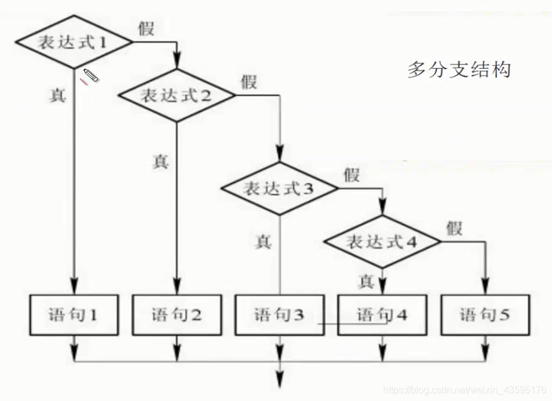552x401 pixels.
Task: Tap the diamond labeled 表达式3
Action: tap(279, 188)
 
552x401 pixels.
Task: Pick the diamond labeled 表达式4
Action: tap(382, 242)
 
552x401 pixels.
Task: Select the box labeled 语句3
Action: tap(279, 314)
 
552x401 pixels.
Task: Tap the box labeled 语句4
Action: tap(382, 314)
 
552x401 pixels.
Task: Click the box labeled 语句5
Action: tap(485, 314)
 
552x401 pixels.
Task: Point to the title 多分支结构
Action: tap(459, 70)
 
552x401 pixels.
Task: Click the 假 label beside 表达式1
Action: tap(146, 28)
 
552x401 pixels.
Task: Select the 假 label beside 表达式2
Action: tap(248, 81)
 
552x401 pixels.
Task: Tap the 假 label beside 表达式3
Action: tap(352, 175)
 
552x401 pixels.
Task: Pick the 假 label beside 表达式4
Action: tap(455, 228)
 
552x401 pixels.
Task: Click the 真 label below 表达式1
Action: tap(58, 95)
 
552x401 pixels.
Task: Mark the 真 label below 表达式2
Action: tap(161, 161)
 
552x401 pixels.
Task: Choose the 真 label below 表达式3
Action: tap(263, 241)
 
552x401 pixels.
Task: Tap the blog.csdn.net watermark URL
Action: tap(465, 391)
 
